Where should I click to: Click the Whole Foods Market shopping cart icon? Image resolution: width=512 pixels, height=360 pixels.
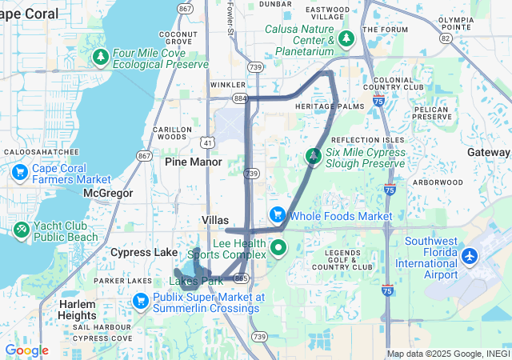pyautogui.click(x=278, y=214)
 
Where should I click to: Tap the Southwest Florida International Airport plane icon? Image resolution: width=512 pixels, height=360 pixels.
pyautogui.click(x=469, y=257)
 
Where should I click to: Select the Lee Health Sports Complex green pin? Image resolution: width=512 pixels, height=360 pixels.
pyautogui.click(x=278, y=247)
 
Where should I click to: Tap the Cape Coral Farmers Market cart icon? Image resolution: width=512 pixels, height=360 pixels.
pyautogui.click(x=21, y=171)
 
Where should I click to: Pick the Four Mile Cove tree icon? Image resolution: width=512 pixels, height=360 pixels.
pyautogui.click(x=101, y=57)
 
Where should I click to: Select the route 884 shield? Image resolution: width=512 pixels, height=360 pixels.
pyautogui.click(x=239, y=98)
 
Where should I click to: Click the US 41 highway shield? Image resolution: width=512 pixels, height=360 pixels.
pyautogui.click(x=207, y=142)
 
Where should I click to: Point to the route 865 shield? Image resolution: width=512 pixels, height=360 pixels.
pyautogui.click(x=242, y=277)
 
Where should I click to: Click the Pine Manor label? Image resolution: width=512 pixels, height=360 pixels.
pyautogui.click(x=193, y=162)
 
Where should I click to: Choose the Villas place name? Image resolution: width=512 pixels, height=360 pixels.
pyautogui.click(x=215, y=220)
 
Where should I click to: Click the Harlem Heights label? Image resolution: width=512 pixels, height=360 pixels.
pyautogui.click(x=78, y=310)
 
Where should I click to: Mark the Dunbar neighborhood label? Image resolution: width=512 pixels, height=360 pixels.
pyautogui.click(x=276, y=4)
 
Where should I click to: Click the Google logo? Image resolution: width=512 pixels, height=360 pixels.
pyautogui.click(x=26, y=350)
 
